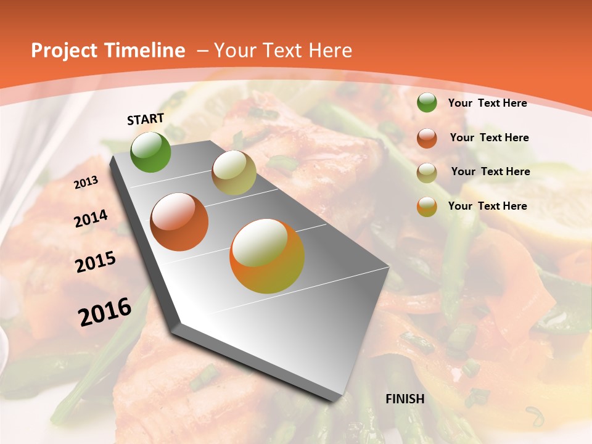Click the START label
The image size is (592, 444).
click(146, 119)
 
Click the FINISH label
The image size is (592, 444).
click(405, 399)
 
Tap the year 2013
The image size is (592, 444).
click(86, 183)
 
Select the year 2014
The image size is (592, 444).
click(91, 219)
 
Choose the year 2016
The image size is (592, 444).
click(105, 312)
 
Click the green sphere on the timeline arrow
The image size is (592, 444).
click(150, 152)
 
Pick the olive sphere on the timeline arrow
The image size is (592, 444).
click(234, 172)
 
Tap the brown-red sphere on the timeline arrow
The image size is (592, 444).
click(179, 221)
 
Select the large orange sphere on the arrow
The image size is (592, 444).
click(266, 256)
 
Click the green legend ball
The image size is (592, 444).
click(427, 103)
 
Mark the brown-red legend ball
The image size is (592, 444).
click(427, 138)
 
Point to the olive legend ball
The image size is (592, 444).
click(427, 173)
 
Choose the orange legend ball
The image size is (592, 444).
click(427, 207)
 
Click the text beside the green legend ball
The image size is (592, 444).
click(487, 103)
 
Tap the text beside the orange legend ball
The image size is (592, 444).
click(487, 206)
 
